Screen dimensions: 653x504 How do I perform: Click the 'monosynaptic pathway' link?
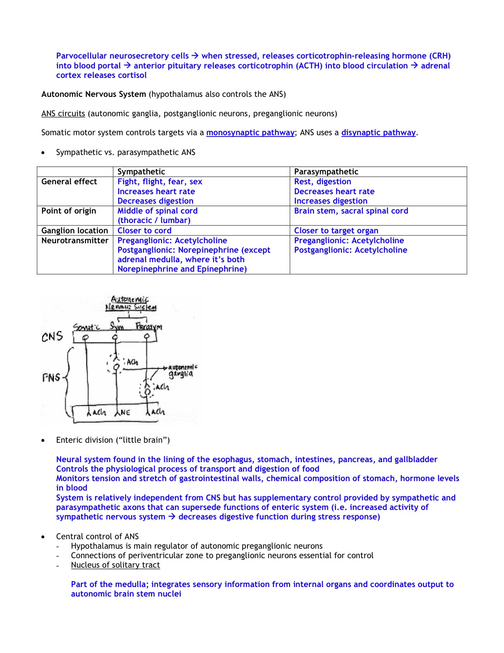point(250,133)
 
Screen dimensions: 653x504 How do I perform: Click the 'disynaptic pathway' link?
point(378,133)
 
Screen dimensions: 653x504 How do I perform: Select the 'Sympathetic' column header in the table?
point(141,172)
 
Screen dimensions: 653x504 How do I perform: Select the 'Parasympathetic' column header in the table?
point(326,172)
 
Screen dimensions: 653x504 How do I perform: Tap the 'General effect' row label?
point(69,182)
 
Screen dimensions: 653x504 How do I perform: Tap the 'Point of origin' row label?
point(69,211)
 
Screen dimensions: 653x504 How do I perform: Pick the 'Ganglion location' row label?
point(75,231)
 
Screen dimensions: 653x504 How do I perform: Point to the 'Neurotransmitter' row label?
point(75,241)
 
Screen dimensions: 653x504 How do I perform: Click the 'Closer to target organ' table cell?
point(336,231)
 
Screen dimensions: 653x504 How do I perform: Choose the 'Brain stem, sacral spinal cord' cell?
point(351,211)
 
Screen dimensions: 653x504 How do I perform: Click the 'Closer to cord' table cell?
point(145,231)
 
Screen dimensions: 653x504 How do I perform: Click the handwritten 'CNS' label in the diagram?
point(52,337)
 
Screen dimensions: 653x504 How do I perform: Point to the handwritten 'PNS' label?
point(51,378)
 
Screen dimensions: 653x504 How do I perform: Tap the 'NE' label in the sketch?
point(125,412)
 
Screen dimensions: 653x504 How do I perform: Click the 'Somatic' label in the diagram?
point(86,327)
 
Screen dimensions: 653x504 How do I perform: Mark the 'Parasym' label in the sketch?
point(149,327)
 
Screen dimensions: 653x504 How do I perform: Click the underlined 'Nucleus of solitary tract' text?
point(115,565)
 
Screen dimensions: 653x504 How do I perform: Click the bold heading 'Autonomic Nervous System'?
point(94,94)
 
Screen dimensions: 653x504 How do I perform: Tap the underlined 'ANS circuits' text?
point(63,114)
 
